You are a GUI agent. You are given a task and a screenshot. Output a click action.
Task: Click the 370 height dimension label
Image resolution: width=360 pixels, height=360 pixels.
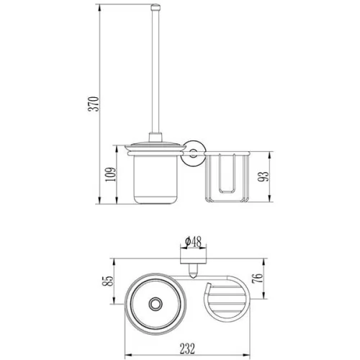click(x=94, y=104)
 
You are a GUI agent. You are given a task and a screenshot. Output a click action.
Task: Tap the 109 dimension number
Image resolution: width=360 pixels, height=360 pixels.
click(x=111, y=174)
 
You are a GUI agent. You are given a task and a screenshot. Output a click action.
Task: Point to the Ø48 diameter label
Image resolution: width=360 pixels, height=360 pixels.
click(x=194, y=242)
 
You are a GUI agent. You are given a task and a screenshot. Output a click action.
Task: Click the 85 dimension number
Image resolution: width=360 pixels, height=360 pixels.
click(x=108, y=281)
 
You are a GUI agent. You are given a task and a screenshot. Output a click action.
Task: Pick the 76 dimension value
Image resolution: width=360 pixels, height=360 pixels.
click(x=258, y=278)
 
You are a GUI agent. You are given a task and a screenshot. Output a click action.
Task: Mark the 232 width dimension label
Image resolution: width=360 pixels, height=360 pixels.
click(x=187, y=348)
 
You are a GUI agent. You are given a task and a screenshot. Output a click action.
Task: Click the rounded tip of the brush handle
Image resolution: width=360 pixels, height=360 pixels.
click(x=156, y=6)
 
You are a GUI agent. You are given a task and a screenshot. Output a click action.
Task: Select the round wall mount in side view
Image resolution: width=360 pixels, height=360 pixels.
click(x=193, y=153)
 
